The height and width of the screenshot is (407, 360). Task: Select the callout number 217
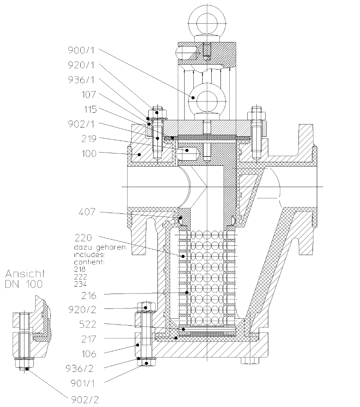tap(89, 339)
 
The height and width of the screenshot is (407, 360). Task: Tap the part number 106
tap(89, 354)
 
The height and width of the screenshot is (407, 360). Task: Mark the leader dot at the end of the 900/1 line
tap(193, 98)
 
